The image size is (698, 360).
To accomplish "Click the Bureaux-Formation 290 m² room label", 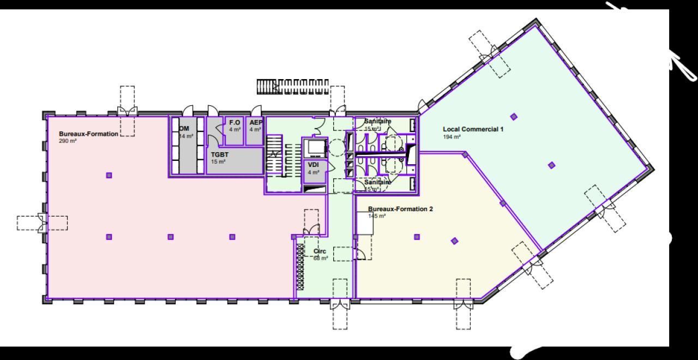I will click(88, 134).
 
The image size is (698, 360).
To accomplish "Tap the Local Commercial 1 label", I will click(473, 129).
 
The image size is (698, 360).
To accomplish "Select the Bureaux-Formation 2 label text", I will click(400, 209).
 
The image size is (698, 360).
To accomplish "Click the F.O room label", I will click(234, 123).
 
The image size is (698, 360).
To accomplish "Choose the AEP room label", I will click(256, 123).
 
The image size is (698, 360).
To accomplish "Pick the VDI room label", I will click(313, 165).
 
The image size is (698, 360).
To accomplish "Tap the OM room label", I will click(184, 129).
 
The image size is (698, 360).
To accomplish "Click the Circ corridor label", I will click(320, 251).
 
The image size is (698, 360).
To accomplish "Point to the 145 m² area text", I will click(377, 216).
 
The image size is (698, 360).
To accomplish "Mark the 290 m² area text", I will click(68, 141).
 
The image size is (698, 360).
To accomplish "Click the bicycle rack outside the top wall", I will click(292, 86).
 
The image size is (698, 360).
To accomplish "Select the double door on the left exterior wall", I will click(41, 223).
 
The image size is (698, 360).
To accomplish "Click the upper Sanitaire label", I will click(377, 122).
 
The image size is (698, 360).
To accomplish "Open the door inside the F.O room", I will click(220, 130).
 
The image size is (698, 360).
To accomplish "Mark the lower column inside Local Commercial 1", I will click(551, 165).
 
